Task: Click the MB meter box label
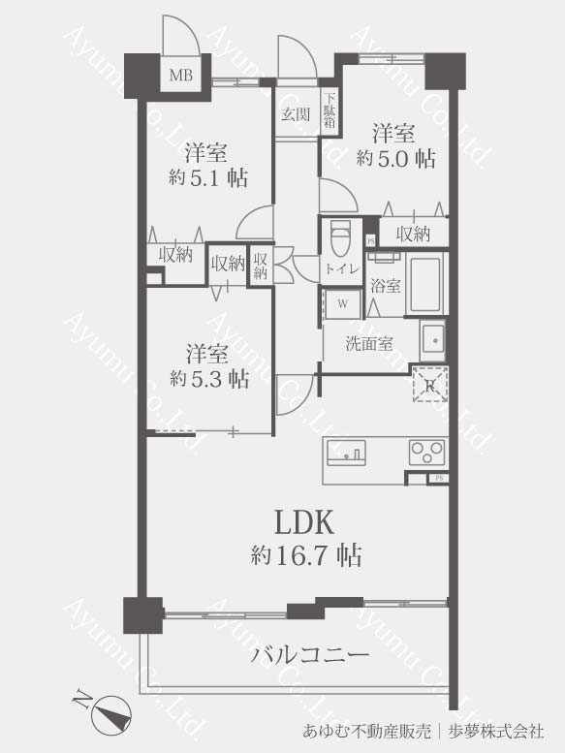181,76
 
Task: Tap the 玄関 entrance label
296,114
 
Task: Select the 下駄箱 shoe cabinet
329,110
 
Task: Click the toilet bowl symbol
342,237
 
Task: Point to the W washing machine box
342,303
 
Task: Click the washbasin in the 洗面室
433,340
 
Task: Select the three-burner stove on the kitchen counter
426,453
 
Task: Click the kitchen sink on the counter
346,453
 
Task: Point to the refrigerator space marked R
430,384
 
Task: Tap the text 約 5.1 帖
208,178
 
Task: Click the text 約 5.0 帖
395,158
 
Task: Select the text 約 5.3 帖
209,379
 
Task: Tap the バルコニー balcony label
309,654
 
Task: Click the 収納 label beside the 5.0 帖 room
413,234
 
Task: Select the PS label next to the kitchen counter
438,478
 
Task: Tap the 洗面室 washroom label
369,343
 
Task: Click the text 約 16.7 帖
306,555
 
